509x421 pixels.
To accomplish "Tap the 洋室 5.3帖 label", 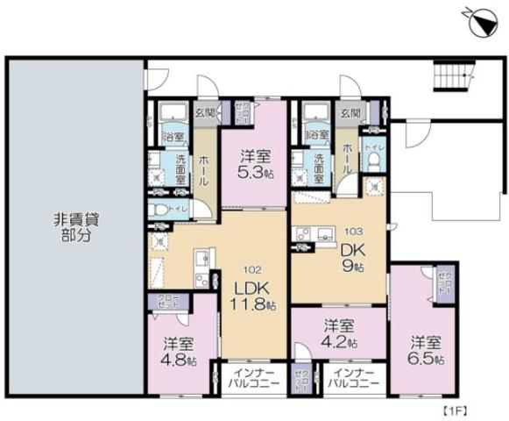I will pos(254,164).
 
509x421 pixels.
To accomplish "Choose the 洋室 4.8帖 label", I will pos(179,352).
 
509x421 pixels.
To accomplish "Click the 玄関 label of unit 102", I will pos(204,112).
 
